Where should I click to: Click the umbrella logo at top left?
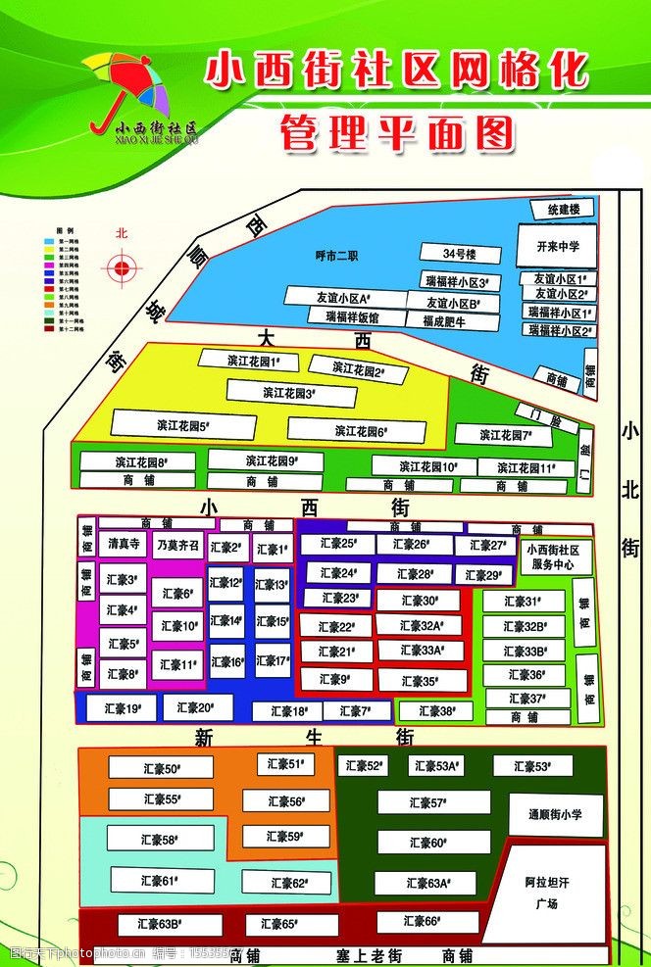(125, 88)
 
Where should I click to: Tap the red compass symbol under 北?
(122, 267)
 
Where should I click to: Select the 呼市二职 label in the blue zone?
(336, 256)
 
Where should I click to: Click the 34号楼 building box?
(458, 254)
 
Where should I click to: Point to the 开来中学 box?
(558, 246)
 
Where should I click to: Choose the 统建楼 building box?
(564, 210)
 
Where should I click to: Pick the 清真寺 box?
(125, 544)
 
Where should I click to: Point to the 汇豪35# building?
(420, 681)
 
